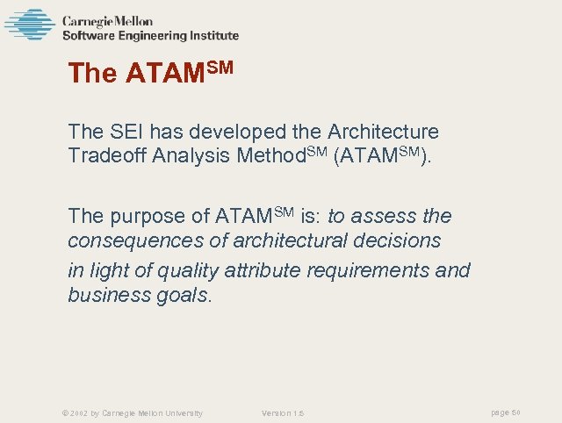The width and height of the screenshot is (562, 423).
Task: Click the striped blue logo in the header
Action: point(29,25)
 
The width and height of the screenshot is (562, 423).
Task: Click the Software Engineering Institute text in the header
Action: point(150,36)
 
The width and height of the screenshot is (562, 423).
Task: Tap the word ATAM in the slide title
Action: point(165,74)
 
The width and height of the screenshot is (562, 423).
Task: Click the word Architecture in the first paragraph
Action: point(383,133)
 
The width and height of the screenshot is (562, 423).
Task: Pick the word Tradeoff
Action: point(109,157)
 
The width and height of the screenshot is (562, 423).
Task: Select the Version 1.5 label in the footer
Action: point(282,413)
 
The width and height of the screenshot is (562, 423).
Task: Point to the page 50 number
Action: point(506,412)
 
